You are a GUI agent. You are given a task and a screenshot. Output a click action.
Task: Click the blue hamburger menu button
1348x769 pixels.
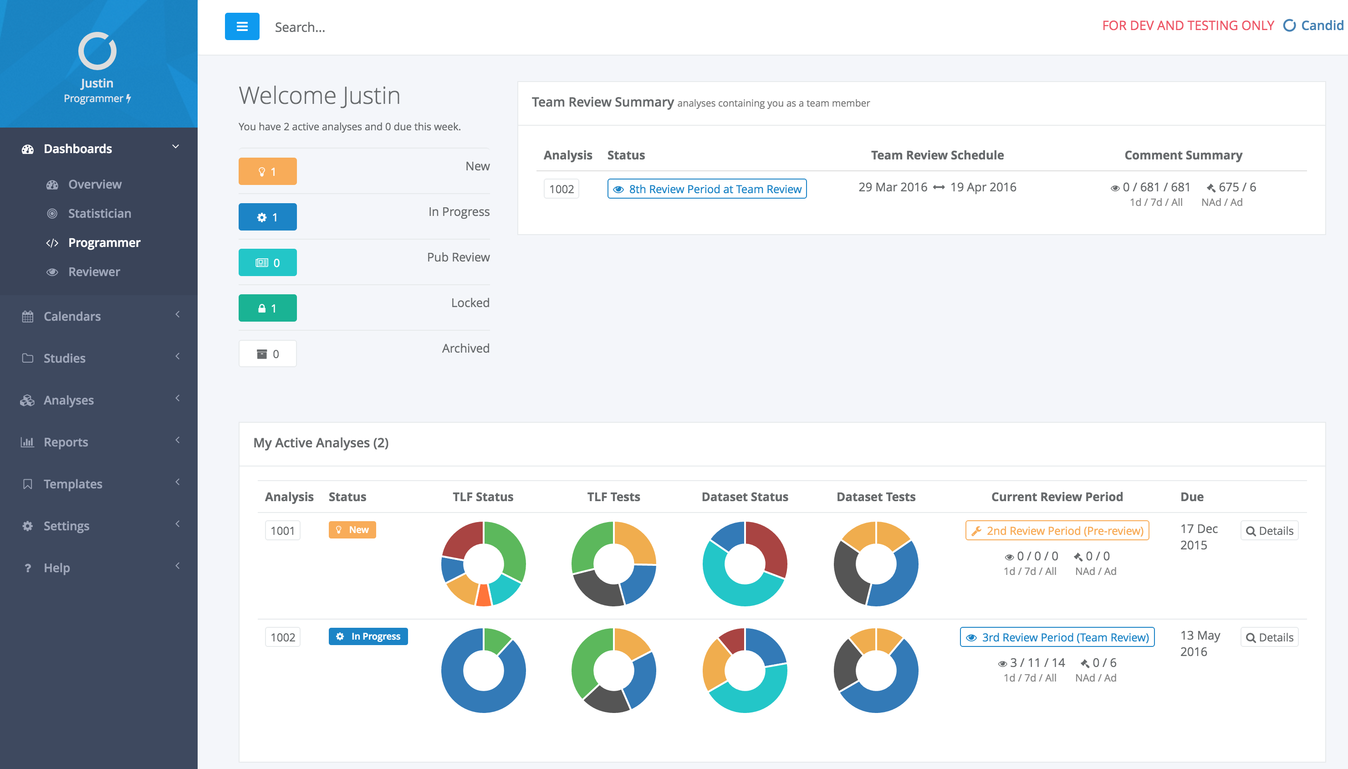tap(242, 26)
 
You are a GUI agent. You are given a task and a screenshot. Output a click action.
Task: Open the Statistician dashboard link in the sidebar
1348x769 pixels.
tap(99, 213)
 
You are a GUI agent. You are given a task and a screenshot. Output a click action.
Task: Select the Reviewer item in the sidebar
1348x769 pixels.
tap(94, 272)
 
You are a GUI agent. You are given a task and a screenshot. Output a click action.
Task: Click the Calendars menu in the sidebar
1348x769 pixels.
tap(72, 316)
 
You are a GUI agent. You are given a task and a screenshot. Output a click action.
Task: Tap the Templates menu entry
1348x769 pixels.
tap(73, 484)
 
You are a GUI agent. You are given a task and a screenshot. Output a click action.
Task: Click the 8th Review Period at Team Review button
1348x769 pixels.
tap(707, 189)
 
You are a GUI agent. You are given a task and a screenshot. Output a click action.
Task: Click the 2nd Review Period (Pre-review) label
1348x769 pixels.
tap(1057, 531)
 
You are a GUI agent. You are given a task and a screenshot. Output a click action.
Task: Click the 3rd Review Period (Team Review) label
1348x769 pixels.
tap(1057, 637)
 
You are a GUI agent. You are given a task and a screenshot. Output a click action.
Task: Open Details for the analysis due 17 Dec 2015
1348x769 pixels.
tap(1269, 531)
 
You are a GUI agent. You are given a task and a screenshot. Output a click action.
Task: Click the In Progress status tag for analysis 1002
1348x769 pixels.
tap(368, 636)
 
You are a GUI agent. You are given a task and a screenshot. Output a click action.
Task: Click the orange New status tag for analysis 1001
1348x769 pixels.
tap(352, 530)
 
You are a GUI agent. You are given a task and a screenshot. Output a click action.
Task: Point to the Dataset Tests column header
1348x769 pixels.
tap(876, 497)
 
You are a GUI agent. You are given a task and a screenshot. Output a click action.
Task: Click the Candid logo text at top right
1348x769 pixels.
tap(1322, 26)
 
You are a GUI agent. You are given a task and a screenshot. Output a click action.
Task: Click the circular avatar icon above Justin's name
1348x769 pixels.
tap(97, 51)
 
